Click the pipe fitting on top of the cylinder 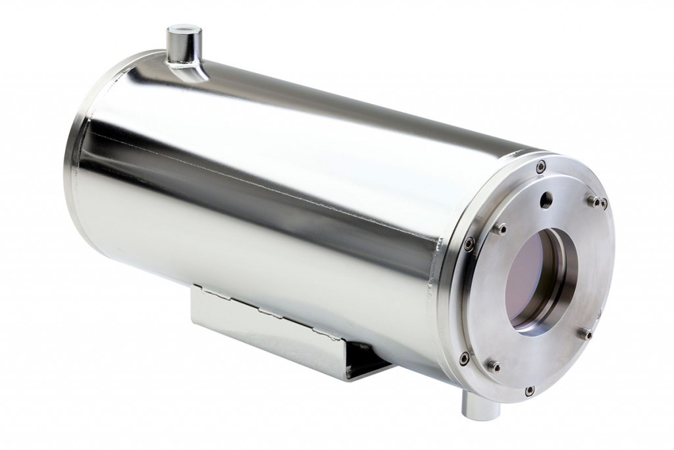184,46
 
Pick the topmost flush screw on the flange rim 540,167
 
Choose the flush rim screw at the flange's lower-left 465,358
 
